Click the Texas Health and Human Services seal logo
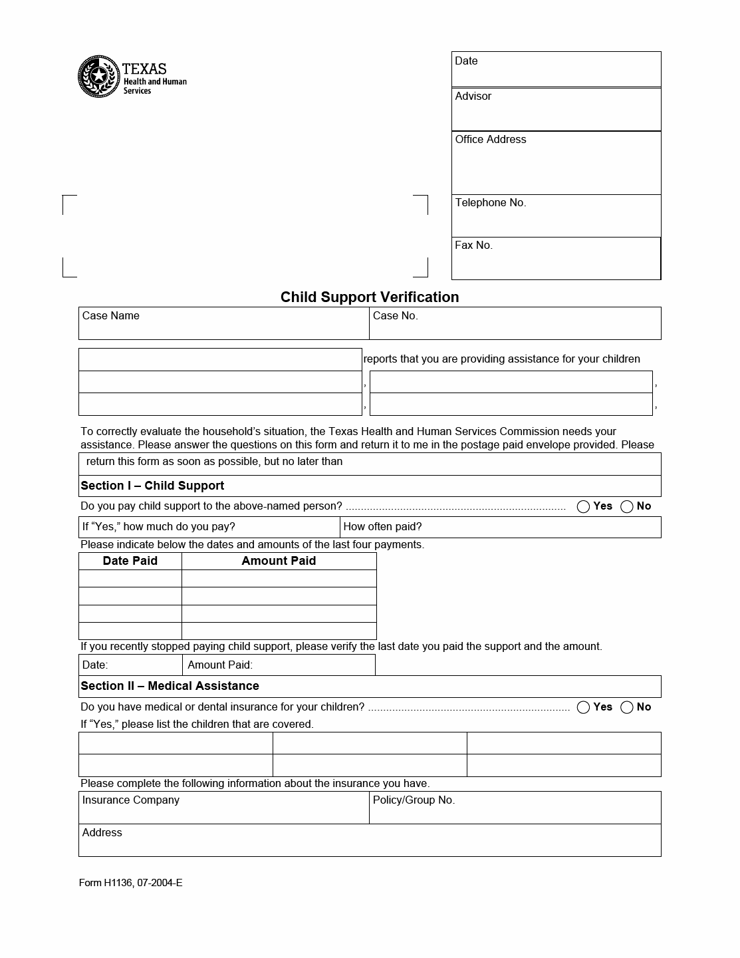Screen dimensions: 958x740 pos(98,77)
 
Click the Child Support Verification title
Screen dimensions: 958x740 pos(370,297)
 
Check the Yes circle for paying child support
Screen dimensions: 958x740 pos(584,507)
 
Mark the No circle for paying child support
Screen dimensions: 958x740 pos(627,507)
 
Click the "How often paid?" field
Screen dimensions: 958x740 pos(500,528)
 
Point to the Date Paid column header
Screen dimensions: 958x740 pos(130,561)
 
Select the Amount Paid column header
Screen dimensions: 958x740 pos(279,561)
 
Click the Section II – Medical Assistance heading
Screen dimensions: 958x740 pos(170,686)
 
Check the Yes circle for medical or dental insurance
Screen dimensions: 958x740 pos(584,707)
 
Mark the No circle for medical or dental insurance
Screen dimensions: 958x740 pos(627,707)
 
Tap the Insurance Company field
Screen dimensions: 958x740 pos(223,808)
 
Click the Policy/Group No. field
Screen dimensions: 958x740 pos(515,808)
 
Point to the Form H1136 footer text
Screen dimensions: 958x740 pos(130,883)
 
